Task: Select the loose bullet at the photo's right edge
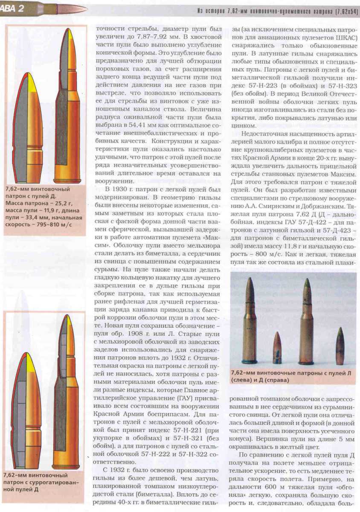tap(340, 345)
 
